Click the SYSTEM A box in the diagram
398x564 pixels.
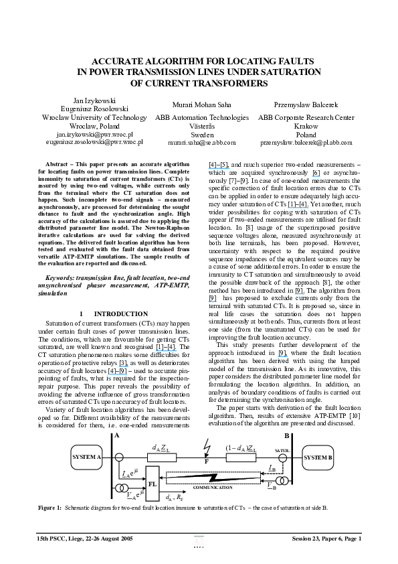pos(86,457)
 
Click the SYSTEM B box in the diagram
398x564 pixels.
pos(317,457)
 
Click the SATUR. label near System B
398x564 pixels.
pos(282,451)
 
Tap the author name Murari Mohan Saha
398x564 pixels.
pos(202,106)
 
